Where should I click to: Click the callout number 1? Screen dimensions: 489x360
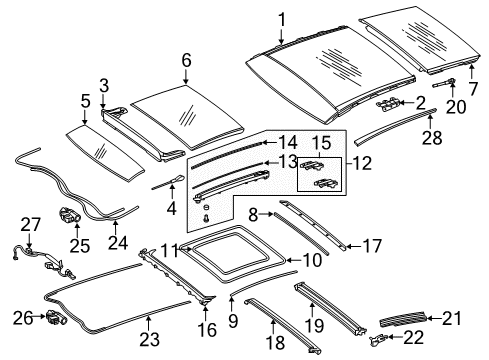(282, 21)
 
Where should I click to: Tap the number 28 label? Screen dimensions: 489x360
(432, 138)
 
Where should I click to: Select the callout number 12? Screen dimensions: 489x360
(361, 163)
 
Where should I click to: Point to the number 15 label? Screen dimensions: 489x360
(321, 143)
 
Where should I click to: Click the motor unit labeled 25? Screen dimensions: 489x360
(69, 215)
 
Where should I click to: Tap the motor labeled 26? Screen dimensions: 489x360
(55, 317)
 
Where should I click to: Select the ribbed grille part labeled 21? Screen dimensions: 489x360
(402, 319)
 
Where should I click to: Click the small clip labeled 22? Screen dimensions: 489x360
(377, 339)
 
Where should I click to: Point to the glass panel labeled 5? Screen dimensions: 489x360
(105, 152)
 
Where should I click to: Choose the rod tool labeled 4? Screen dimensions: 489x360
(167, 181)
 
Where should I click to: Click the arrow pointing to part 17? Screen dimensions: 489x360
(353, 247)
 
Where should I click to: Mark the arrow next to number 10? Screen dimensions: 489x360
(294, 260)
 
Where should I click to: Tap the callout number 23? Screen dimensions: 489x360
(149, 340)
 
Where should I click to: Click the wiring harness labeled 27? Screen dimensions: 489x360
(43, 262)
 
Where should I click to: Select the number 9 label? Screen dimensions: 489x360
(233, 321)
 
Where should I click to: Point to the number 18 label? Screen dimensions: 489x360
(276, 343)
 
